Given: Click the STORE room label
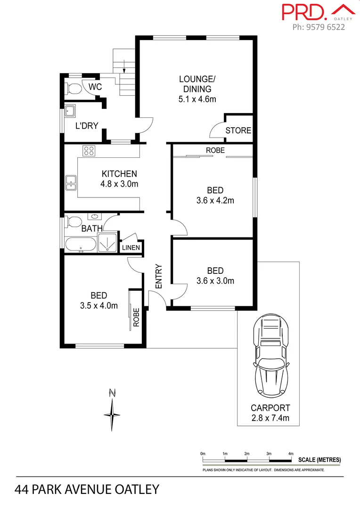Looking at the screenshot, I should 238,131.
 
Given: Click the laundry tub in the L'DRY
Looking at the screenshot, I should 71,111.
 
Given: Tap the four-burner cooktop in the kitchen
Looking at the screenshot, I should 89,151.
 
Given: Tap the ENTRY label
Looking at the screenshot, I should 159,276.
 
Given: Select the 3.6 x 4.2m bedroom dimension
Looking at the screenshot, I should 215,200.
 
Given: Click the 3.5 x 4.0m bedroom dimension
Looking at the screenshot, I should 99,305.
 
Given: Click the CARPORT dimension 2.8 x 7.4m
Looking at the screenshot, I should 270,418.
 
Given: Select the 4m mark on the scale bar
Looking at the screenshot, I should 291,454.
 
